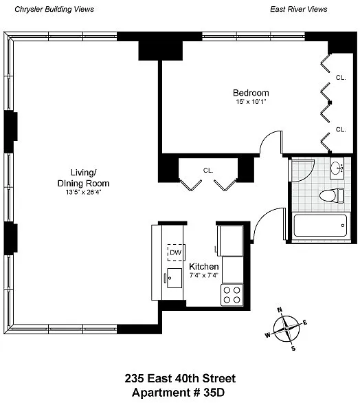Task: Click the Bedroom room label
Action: point(251,93)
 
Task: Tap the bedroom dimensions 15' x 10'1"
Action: point(251,102)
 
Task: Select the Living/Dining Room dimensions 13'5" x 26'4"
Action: point(83,193)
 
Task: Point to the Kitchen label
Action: point(204,267)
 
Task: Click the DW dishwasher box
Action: point(176,252)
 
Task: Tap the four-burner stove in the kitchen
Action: point(232,295)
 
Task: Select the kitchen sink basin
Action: point(175,278)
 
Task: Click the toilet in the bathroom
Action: point(332,195)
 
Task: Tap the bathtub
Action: point(320,226)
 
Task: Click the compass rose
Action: point(286,329)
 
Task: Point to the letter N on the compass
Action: point(280,309)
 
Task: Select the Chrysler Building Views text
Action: point(54,10)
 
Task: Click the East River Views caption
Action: point(299,10)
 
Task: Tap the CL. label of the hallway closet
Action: point(208,170)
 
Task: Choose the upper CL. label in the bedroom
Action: point(341,77)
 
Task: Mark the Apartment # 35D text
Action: point(178,393)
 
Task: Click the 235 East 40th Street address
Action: point(180,378)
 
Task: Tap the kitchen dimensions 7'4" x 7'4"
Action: point(204,276)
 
